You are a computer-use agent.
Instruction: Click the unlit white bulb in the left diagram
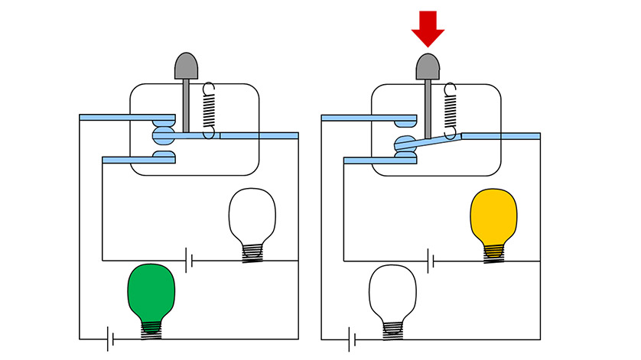(x=252, y=216)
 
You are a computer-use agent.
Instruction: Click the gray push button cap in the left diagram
(x=187, y=66)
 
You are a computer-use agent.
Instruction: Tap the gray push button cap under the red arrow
(x=428, y=66)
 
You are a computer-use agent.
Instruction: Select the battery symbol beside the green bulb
(x=111, y=338)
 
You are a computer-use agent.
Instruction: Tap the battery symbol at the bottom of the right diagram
(x=353, y=338)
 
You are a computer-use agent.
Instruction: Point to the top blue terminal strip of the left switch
(x=122, y=118)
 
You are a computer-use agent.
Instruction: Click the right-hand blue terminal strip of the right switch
(x=501, y=136)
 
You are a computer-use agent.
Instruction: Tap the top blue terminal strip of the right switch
(x=363, y=118)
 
